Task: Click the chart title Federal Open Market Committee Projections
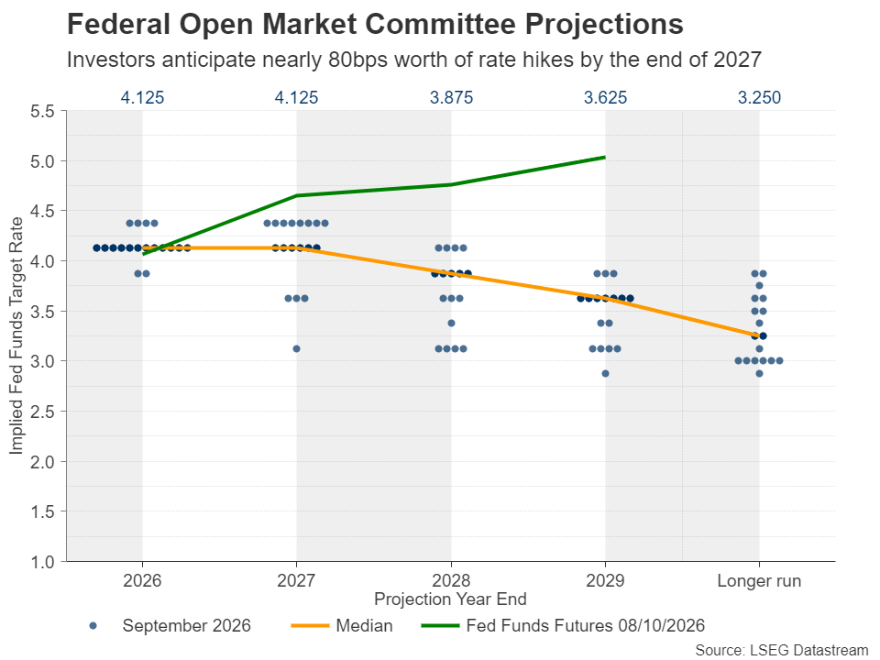[375, 25]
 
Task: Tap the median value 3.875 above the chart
[451, 98]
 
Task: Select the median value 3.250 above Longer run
[759, 98]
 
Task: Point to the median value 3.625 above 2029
[605, 98]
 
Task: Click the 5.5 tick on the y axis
[42, 111]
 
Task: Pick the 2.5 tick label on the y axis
[42, 412]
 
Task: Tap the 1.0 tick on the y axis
[42, 562]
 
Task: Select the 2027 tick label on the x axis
[296, 580]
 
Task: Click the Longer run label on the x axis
[759, 580]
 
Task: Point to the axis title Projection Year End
[451, 599]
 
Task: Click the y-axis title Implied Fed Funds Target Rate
[16, 335]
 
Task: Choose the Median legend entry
[342, 626]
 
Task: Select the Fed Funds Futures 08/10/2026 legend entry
[563, 626]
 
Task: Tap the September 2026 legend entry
[170, 626]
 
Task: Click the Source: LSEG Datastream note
[782, 650]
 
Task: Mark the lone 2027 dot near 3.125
[296, 348]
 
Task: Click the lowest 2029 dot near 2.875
[605, 373]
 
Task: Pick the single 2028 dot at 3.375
[451, 324]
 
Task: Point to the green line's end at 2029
[605, 157]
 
